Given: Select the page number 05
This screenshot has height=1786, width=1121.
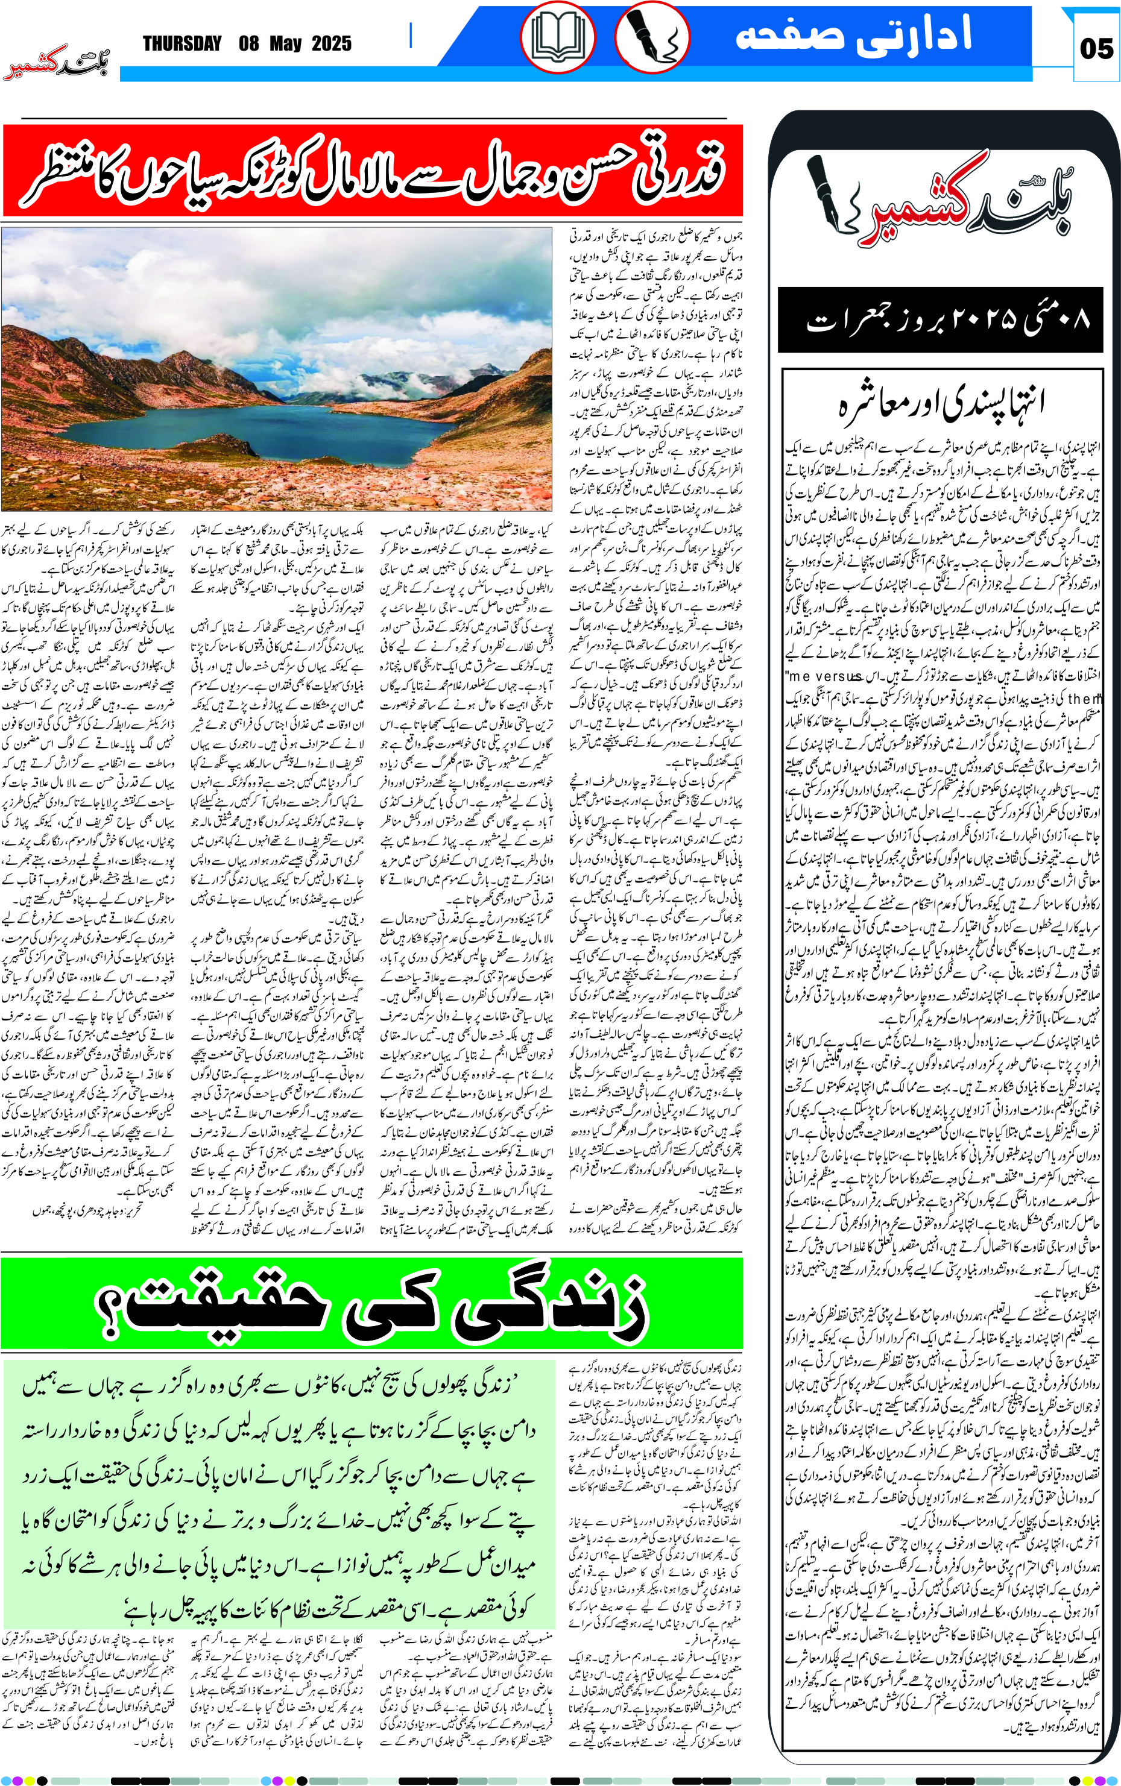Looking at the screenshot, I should (x=1096, y=49).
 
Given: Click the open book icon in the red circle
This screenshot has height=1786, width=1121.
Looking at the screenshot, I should (x=558, y=37).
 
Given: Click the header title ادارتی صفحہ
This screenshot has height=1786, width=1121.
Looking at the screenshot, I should (x=853, y=35).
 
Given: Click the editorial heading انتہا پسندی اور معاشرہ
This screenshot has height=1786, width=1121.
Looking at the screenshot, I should (x=941, y=404).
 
